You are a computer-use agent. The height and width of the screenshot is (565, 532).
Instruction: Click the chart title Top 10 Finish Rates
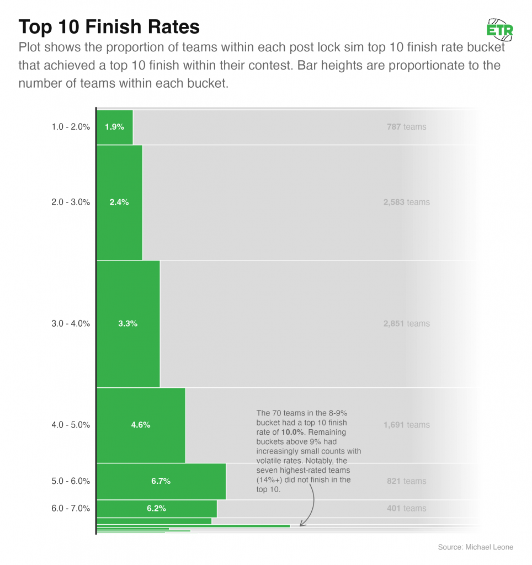(x=109, y=26)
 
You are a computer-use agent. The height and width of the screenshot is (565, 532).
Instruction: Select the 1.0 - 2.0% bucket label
(x=70, y=127)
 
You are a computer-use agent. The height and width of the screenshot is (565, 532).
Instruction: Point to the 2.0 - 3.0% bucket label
(x=70, y=202)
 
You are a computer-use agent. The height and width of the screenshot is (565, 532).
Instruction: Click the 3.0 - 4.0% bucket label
(x=70, y=323)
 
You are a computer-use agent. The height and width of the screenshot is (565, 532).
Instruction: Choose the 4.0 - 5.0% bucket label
(x=70, y=425)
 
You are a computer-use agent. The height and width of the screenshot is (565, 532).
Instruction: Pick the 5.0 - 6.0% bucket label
(x=70, y=481)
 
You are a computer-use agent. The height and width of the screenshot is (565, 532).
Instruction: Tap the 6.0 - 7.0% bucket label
(x=70, y=508)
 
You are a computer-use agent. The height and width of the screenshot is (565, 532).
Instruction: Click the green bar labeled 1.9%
(x=115, y=127)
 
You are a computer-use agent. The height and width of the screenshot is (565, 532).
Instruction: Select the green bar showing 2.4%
(x=119, y=202)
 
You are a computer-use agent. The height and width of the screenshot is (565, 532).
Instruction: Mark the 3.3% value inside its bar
(x=128, y=323)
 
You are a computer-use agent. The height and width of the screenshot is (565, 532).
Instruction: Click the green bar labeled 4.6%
(x=141, y=425)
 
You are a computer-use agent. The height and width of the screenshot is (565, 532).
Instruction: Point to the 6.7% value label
(x=161, y=481)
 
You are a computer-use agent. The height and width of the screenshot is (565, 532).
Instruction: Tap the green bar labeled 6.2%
(x=157, y=508)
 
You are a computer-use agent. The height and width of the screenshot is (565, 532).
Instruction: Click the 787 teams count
(x=407, y=127)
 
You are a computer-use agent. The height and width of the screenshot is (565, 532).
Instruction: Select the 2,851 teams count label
(x=407, y=323)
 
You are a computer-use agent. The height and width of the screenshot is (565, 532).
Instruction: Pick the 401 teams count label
(x=407, y=508)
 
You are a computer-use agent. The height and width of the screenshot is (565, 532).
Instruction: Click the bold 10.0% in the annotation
(x=293, y=431)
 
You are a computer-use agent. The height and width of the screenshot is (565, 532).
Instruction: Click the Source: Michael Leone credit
(x=475, y=547)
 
